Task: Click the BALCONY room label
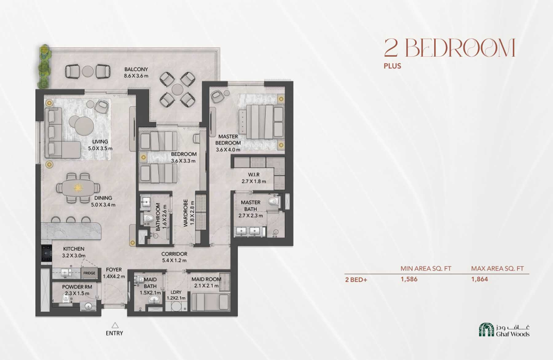(136, 69)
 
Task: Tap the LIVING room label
(100, 141)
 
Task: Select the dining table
(78, 188)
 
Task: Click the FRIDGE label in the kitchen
(89, 273)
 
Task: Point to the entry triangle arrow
(115, 325)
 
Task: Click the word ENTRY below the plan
(115, 333)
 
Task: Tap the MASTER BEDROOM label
(228, 140)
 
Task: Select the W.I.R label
(254, 174)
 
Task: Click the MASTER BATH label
(251, 205)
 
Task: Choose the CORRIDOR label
(174, 254)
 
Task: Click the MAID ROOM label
(206, 279)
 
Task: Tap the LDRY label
(176, 293)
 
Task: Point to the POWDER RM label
(77, 287)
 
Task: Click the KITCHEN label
(73, 249)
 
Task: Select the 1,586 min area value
(408, 279)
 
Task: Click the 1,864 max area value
(480, 279)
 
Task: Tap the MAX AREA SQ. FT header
(497, 269)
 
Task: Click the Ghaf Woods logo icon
(486, 330)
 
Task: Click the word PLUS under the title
(392, 66)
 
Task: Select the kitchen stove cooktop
(47, 252)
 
